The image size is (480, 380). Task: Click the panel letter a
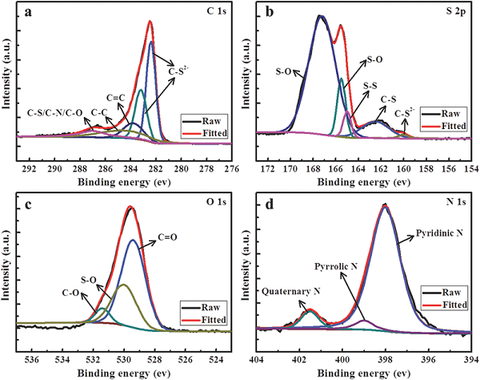tap(28, 14)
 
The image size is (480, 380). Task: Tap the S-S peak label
tap(370, 83)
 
